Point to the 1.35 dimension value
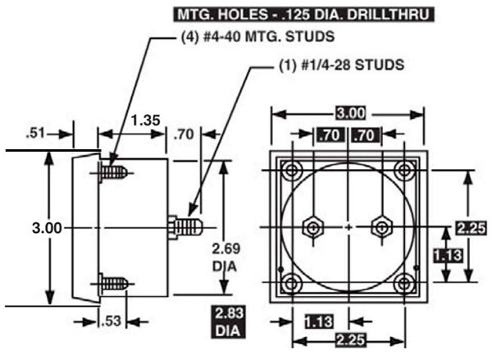click(x=145, y=121)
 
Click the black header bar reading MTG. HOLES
click(x=303, y=14)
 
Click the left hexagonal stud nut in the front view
click(x=312, y=226)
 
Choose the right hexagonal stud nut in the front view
click(x=380, y=226)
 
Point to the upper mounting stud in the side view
click(x=115, y=172)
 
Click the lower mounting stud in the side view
click(x=115, y=284)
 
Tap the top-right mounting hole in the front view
click(x=403, y=171)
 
